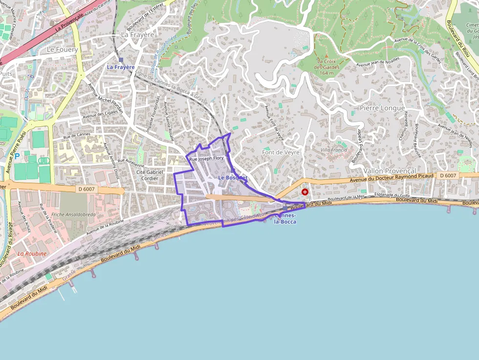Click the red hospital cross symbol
pos(305,192)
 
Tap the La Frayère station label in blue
pos(121,67)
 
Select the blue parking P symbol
pos(18,156)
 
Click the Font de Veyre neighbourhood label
pos(281,152)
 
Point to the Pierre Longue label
pos(382,107)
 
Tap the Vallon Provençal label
pos(390,171)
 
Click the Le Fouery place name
pos(62,50)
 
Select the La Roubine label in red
pos(32,254)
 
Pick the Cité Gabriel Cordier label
pos(150,175)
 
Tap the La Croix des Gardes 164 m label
pos(327,67)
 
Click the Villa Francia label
pos(334,150)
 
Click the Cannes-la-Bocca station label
pos(285,218)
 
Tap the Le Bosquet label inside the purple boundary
pos(233,178)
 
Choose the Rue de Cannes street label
pos(76,135)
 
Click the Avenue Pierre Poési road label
pos(16,146)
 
